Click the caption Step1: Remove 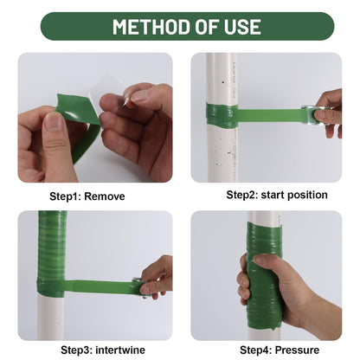87,196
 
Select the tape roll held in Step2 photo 321,113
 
